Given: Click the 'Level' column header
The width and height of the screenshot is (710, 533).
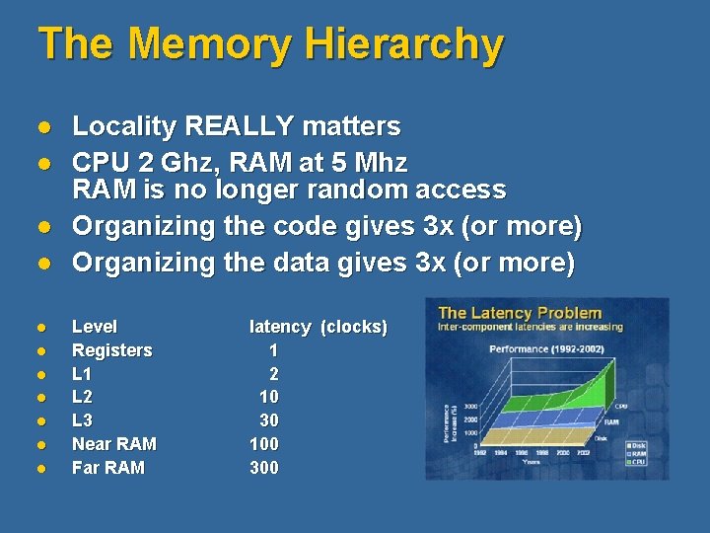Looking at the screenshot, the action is (95, 327).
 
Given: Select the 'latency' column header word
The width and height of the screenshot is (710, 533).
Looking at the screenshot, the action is (281, 327).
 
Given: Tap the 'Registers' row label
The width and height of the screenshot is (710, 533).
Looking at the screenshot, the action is (112, 350).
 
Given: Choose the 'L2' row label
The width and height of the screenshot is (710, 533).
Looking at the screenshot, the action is (82, 397).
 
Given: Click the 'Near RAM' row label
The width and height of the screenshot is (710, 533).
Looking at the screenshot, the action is (114, 444).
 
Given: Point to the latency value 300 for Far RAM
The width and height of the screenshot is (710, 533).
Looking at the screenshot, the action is (264, 468).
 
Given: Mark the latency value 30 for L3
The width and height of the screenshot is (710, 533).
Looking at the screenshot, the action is (268, 420).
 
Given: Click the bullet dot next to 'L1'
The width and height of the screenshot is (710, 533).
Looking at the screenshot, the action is (41, 375).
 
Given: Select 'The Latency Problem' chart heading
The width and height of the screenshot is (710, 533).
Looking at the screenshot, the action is (520, 313).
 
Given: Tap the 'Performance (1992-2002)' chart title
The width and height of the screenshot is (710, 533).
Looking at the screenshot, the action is (544, 349).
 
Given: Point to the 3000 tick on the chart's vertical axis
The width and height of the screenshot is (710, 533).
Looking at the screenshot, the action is (472, 407).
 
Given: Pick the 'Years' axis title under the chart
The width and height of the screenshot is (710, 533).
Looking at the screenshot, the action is (531, 461).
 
